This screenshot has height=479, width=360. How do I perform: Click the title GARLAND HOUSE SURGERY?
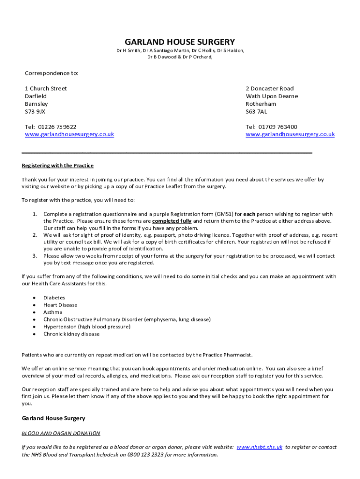click(180, 42)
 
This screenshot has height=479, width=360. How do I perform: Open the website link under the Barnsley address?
click(69, 134)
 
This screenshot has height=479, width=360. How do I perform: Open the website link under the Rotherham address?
click(290, 134)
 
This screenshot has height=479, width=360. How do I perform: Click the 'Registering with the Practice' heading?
click(58, 166)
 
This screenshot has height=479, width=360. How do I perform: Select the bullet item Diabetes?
click(54, 298)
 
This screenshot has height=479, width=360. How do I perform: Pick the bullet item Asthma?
click(53, 312)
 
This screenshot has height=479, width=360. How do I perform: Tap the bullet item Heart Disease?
click(60, 305)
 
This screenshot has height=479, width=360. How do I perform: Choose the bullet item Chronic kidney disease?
click(71, 334)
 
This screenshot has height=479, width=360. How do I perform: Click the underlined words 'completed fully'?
click(172, 221)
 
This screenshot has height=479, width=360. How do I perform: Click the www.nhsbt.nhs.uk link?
click(259, 447)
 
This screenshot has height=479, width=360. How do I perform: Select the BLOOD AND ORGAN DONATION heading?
click(61, 433)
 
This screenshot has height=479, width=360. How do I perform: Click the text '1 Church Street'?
click(46, 88)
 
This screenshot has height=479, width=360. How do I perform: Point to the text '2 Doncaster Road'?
click(270, 88)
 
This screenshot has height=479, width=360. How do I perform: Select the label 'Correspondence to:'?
click(51, 73)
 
